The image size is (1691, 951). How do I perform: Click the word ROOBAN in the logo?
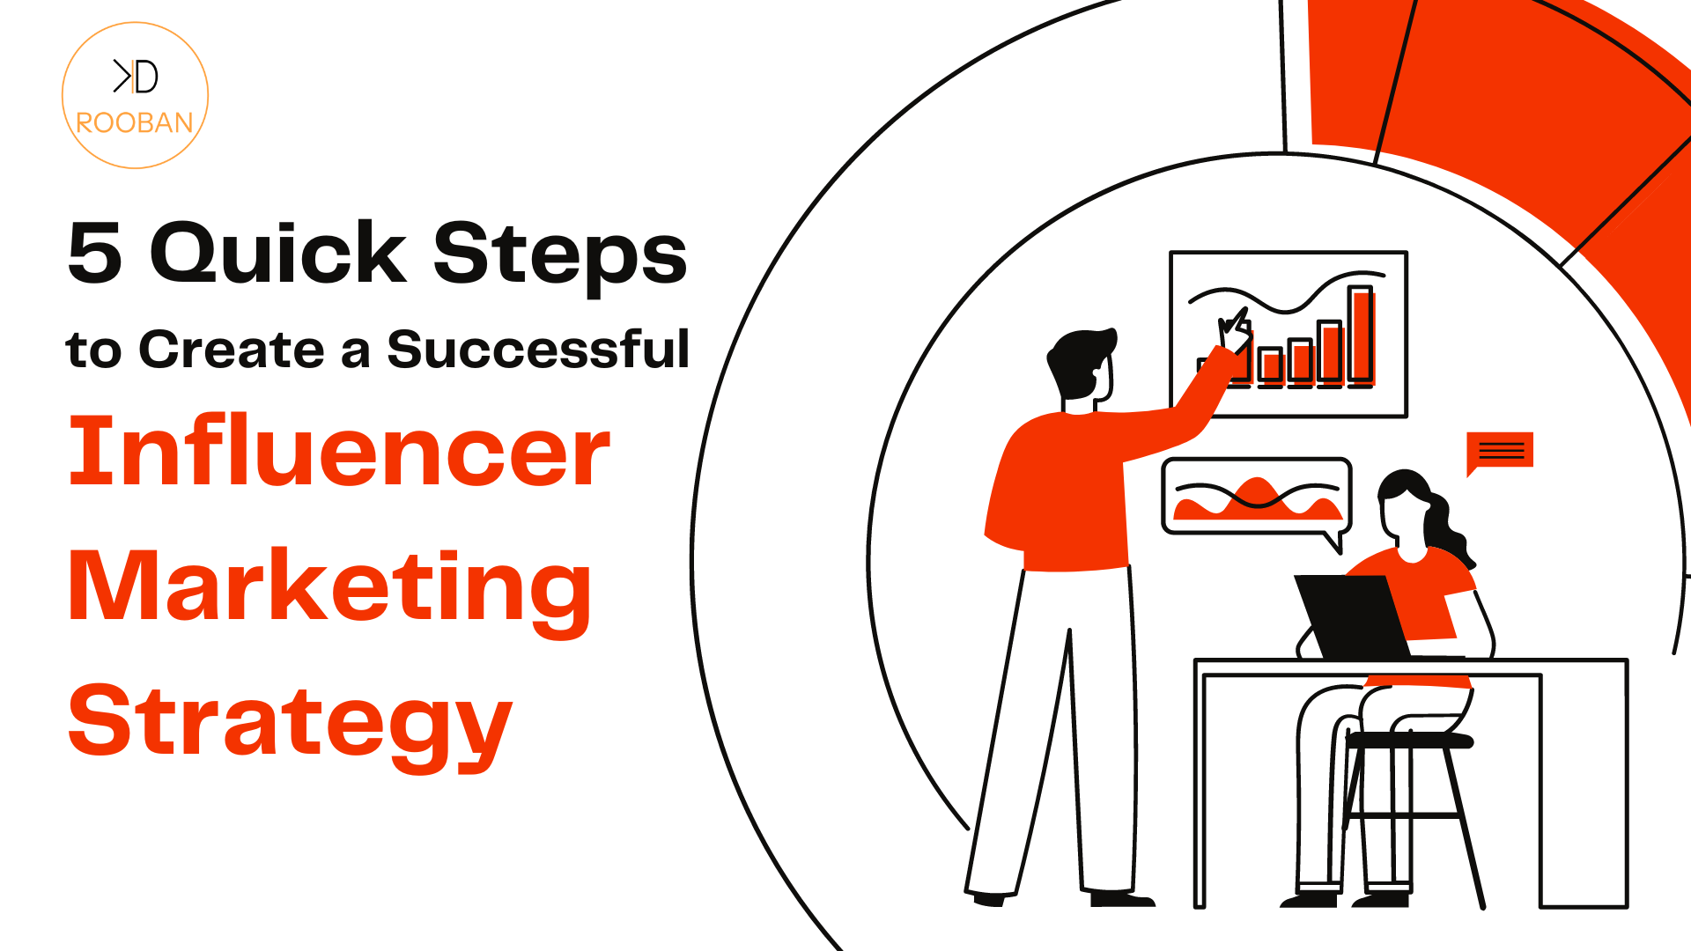click(x=135, y=122)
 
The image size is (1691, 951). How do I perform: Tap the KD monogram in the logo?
click(x=136, y=77)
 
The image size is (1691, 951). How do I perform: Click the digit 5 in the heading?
click(x=94, y=254)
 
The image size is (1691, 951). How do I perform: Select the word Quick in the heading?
click(x=278, y=253)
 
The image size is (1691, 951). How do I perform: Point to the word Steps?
click(x=560, y=255)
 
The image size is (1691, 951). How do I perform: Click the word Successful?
click(x=538, y=349)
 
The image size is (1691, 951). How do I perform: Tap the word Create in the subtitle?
click(x=232, y=350)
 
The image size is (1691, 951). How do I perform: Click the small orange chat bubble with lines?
click(x=1500, y=453)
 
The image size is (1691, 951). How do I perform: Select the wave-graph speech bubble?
click(x=1257, y=500)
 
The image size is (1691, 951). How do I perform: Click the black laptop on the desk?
click(x=1352, y=616)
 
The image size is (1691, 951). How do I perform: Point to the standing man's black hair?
click(x=1079, y=361)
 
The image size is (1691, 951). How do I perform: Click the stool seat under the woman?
click(x=1409, y=741)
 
